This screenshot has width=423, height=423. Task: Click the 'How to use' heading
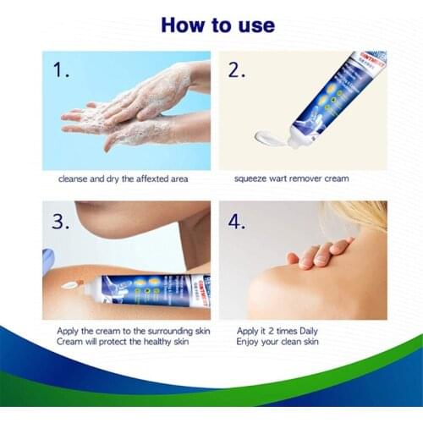(x=217, y=25)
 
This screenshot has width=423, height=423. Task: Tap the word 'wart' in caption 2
(x=283, y=179)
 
